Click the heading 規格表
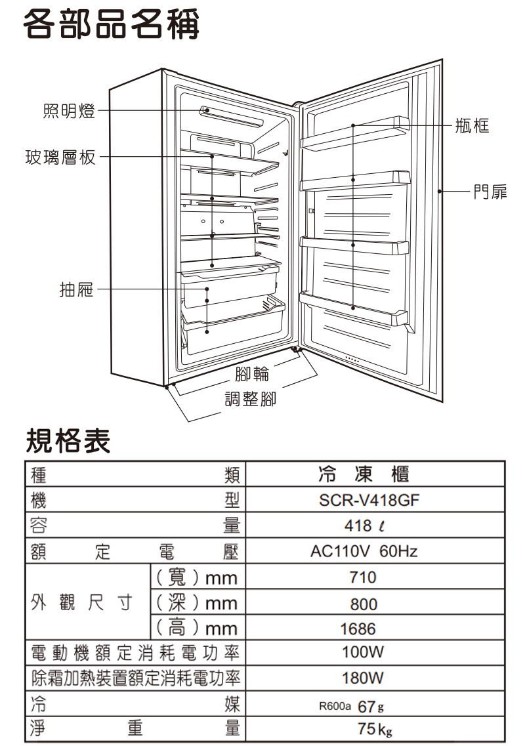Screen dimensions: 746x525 (68, 440)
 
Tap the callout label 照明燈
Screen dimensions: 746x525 (69, 112)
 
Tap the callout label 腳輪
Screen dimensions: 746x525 (251, 375)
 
